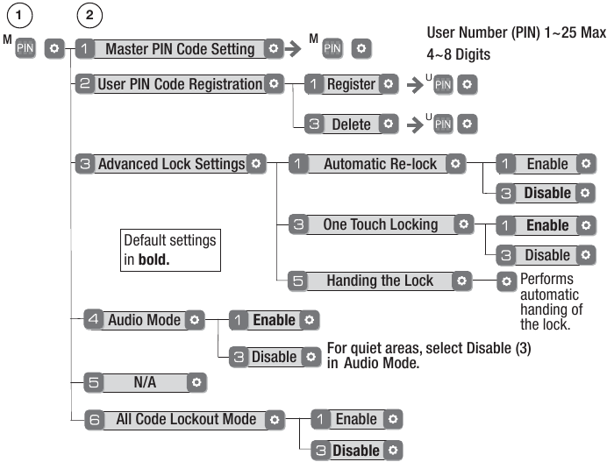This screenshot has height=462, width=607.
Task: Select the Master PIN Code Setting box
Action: (181, 49)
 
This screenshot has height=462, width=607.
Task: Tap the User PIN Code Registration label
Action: (181, 84)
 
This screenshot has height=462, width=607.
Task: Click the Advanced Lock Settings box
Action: (171, 164)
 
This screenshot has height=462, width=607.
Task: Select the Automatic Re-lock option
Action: (380, 164)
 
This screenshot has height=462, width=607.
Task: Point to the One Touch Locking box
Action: (380, 224)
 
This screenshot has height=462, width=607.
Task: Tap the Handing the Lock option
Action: (380, 281)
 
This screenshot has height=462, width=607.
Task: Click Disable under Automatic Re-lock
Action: (547, 193)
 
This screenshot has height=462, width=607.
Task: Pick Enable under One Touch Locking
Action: (547, 225)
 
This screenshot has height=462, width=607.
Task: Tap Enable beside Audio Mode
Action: (274, 320)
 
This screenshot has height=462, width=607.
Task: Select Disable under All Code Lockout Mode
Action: (355, 451)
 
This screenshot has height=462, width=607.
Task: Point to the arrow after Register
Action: (414, 85)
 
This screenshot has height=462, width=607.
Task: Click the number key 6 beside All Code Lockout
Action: (95, 419)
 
